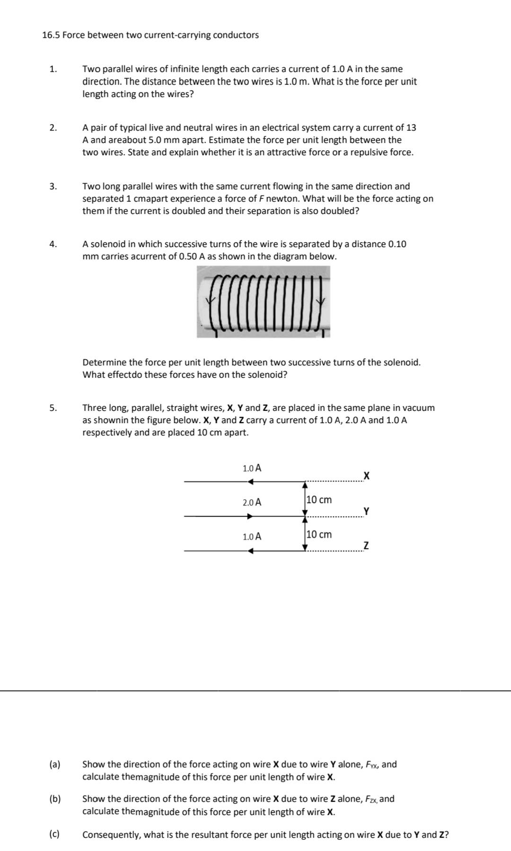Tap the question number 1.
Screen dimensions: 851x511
(x=53, y=69)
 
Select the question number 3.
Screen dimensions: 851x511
(x=53, y=186)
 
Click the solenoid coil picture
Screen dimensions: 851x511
(x=264, y=301)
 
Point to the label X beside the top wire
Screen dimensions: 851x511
(x=366, y=476)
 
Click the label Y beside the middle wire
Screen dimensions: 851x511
(x=366, y=511)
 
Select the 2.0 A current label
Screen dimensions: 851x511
(x=252, y=502)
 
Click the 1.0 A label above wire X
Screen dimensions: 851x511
(x=252, y=468)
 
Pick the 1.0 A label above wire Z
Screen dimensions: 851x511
(x=252, y=537)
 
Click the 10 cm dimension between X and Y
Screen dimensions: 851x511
(x=319, y=500)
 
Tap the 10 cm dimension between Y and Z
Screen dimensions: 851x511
(x=319, y=534)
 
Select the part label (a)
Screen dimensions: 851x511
(x=55, y=764)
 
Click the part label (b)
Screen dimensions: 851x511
(x=55, y=798)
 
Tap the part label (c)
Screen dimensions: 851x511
(x=55, y=834)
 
